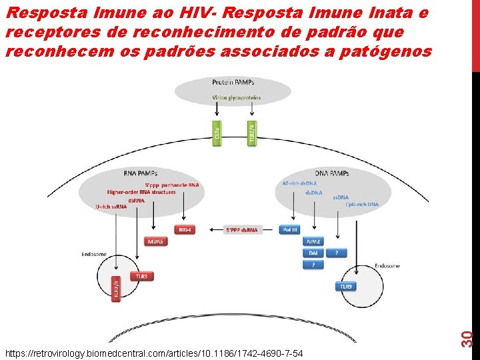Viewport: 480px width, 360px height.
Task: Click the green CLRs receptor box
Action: tap(216, 135)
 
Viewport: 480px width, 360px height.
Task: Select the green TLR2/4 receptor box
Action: tap(251, 134)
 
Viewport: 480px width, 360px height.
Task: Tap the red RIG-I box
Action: tap(184, 229)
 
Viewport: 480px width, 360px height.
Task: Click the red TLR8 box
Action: tap(141, 275)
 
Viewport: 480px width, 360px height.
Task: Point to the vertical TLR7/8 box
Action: tap(116, 288)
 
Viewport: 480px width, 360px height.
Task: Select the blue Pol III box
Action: tap(291, 229)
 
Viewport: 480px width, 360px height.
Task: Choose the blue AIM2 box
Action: tap(312, 241)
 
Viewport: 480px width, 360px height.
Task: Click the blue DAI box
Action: tap(313, 253)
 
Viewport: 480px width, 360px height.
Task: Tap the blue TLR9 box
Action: tap(345, 286)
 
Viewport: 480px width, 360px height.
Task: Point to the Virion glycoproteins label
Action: tap(237, 97)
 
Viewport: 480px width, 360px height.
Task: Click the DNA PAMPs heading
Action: tap(332, 173)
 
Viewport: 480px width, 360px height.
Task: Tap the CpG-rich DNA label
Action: tap(362, 204)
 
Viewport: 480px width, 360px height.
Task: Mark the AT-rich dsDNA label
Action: tap(300, 183)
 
